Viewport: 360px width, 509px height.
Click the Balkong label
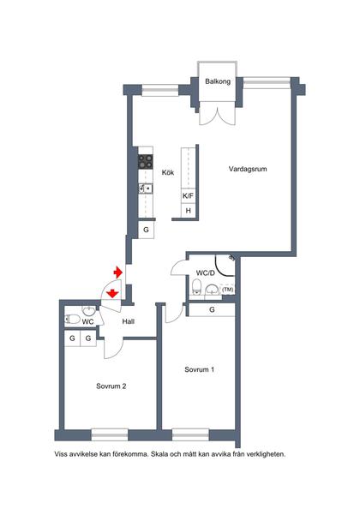(x=218, y=81)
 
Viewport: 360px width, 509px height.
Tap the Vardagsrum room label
(x=248, y=169)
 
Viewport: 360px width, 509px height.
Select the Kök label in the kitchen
(x=168, y=172)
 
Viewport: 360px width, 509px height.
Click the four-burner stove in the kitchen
(x=146, y=161)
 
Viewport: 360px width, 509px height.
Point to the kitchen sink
(x=146, y=189)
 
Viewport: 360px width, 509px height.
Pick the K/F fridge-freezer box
(x=188, y=195)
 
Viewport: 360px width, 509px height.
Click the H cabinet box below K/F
(x=189, y=210)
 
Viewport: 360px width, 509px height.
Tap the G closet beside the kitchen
(x=146, y=230)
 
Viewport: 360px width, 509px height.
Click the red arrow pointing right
(x=117, y=272)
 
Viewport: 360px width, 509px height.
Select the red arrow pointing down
(x=112, y=293)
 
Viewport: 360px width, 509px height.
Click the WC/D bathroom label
(x=206, y=273)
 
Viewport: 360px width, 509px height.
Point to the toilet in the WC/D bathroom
(x=196, y=286)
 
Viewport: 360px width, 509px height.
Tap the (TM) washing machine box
(x=228, y=290)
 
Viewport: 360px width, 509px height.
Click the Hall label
(x=129, y=321)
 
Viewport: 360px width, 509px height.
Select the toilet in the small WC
(x=72, y=320)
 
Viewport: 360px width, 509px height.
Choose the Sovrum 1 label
(x=200, y=369)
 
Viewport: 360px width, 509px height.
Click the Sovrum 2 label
(x=111, y=386)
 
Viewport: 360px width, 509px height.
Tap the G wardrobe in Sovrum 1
(x=212, y=309)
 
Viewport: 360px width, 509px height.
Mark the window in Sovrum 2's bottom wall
(x=110, y=434)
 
